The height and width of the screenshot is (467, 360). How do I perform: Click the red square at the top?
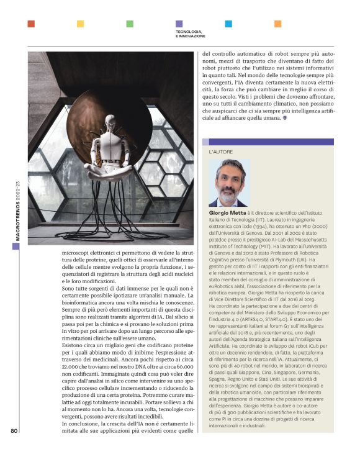(x=31, y=24)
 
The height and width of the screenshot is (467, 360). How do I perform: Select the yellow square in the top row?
(x=80, y=24)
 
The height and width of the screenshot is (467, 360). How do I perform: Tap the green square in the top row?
(x=130, y=24)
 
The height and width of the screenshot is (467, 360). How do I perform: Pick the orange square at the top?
(x=277, y=24)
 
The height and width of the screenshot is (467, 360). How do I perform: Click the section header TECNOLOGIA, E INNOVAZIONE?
(x=190, y=34)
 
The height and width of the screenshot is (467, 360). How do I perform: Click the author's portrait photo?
(x=230, y=183)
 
